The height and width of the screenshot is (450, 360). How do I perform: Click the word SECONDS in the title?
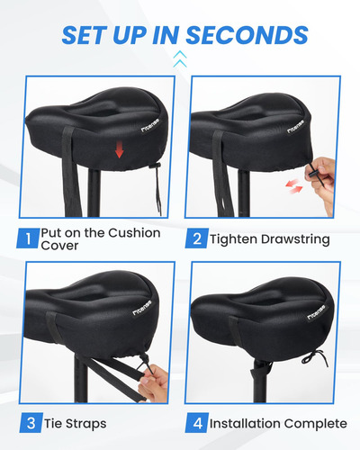coord(247,35)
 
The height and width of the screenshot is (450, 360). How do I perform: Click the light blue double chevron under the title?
coord(180,58)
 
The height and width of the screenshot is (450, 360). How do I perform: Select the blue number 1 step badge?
coord(28,238)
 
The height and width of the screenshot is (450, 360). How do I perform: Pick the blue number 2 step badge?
coord(197,238)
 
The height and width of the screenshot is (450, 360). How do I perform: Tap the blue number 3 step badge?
coord(31,423)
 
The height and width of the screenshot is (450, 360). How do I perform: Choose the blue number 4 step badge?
coord(197,423)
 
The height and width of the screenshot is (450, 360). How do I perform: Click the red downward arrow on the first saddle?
coord(120,149)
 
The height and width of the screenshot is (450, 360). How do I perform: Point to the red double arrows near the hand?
coord(294,186)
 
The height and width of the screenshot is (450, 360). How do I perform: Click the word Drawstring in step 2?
coord(295,239)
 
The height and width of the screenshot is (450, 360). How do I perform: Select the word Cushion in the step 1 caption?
coord(134,233)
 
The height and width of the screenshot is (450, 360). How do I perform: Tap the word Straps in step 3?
coord(85,424)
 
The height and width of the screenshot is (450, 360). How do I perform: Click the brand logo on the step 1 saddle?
coord(150,125)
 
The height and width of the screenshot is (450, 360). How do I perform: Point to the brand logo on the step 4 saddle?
coord(316,312)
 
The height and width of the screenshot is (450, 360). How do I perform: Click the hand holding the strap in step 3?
coord(154,383)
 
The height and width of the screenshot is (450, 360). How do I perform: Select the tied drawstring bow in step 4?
coord(315,358)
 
